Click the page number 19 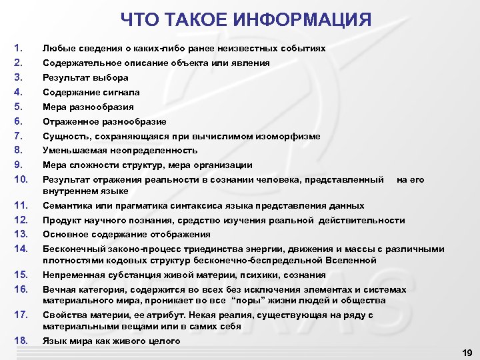click(x=467, y=352)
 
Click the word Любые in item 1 click(x=57, y=49)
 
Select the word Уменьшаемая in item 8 click(x=72, y=151)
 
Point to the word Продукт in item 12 click(x=62, y=220)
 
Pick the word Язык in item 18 click(x=53, y=341)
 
